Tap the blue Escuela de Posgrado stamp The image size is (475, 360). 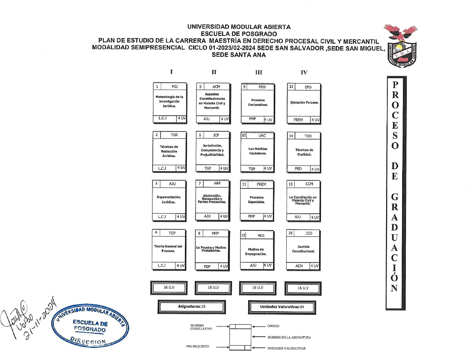coord(92,323)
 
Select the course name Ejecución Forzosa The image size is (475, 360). coord(304,102)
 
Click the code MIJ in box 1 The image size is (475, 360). coord(175,87)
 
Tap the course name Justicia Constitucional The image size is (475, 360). coord(303,249)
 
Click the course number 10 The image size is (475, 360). coord(244,136)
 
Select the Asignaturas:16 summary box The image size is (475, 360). coord(192,306)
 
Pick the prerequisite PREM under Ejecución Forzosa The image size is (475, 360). coord(298,120)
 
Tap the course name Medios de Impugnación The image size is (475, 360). coord(255,252)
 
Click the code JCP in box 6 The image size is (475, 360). coord(216,135)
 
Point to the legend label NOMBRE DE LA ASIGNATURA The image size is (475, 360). coord(289,337)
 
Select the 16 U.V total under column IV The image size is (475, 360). coord(303,288)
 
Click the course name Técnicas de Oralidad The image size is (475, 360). coord(304,152)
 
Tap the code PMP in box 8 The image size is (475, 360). coord(215,233)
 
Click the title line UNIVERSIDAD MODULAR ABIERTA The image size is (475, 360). coord(239,27)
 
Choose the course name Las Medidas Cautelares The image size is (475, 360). coord(258,151)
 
